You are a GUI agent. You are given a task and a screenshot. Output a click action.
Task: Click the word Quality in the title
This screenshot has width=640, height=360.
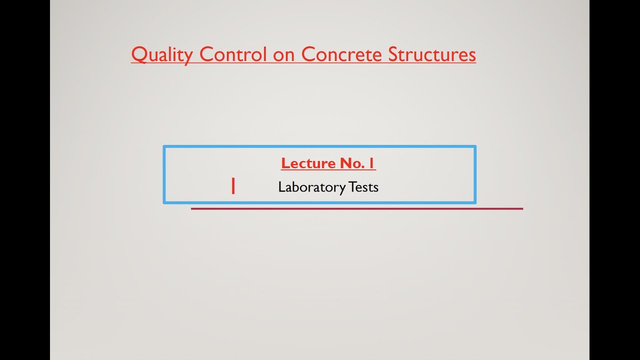click(x=161, y=54)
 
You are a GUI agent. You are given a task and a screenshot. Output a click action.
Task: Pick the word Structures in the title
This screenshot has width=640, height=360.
click(x=432, y=54)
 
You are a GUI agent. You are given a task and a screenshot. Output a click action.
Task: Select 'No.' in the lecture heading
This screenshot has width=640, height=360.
click(x=353, y=163)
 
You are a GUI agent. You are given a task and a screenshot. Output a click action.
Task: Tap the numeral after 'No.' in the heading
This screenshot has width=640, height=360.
click(x=372, y=163)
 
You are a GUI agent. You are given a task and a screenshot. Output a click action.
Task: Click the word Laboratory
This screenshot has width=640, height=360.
click(x=311, y=187)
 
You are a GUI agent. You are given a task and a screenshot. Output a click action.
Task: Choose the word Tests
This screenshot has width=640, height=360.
click(x=363, y=187)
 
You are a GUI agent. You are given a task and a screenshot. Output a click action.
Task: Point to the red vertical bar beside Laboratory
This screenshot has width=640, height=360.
click(x=233, y=186)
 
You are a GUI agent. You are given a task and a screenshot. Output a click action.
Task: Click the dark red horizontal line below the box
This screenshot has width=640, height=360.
click(x=356, y=208)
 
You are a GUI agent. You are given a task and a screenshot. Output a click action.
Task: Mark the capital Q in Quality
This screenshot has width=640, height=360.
click(x=138, y=54)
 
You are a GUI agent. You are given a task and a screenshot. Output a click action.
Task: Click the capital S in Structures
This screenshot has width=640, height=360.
click(x=393, y=54)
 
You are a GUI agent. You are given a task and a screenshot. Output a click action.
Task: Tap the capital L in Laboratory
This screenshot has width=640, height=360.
click(x=281, y=187)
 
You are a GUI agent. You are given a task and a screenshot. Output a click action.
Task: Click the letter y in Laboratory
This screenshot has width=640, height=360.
click(x=342, y=189)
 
